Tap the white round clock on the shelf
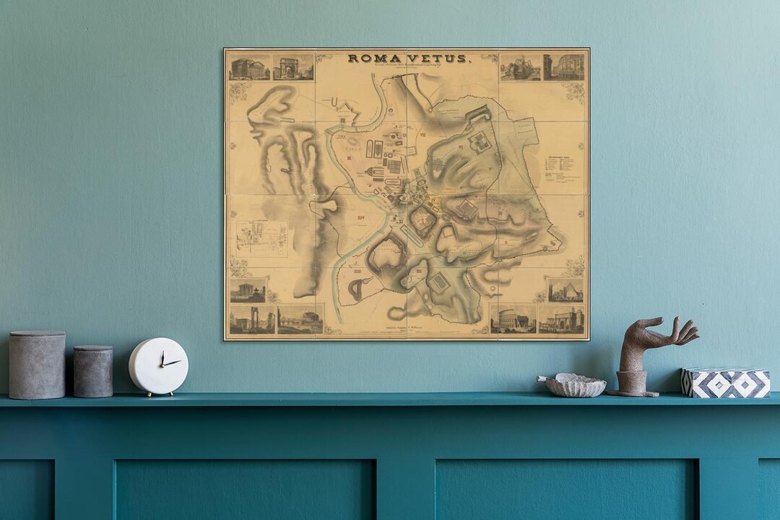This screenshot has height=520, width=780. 158,366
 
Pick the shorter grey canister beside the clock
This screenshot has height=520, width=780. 93,371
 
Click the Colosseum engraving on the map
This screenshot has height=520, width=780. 513,318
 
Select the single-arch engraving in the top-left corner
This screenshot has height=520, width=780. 293,67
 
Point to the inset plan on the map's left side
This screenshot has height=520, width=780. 261,238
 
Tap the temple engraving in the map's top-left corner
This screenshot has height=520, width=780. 249,68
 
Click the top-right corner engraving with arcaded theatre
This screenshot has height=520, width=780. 564,67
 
